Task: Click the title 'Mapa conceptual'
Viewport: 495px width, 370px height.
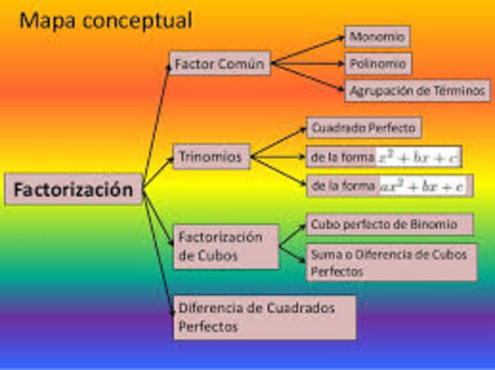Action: click(106, 19)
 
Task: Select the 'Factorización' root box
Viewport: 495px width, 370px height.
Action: click(74, 189)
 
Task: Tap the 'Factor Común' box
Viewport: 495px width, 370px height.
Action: click(220, 63)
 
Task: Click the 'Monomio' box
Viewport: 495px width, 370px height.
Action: click(377, 36)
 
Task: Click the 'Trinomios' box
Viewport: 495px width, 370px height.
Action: click(211, 158)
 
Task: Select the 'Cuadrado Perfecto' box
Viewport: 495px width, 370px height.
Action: click(364, 127)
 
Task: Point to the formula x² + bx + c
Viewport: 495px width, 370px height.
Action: click(418, 157)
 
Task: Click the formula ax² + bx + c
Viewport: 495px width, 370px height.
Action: click(423, 186)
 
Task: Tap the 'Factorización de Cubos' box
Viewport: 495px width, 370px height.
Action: click(226, 245)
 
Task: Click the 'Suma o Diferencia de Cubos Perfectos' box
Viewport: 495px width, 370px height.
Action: click(391, 262)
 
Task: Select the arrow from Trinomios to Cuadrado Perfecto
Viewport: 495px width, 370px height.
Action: click(280, 143)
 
